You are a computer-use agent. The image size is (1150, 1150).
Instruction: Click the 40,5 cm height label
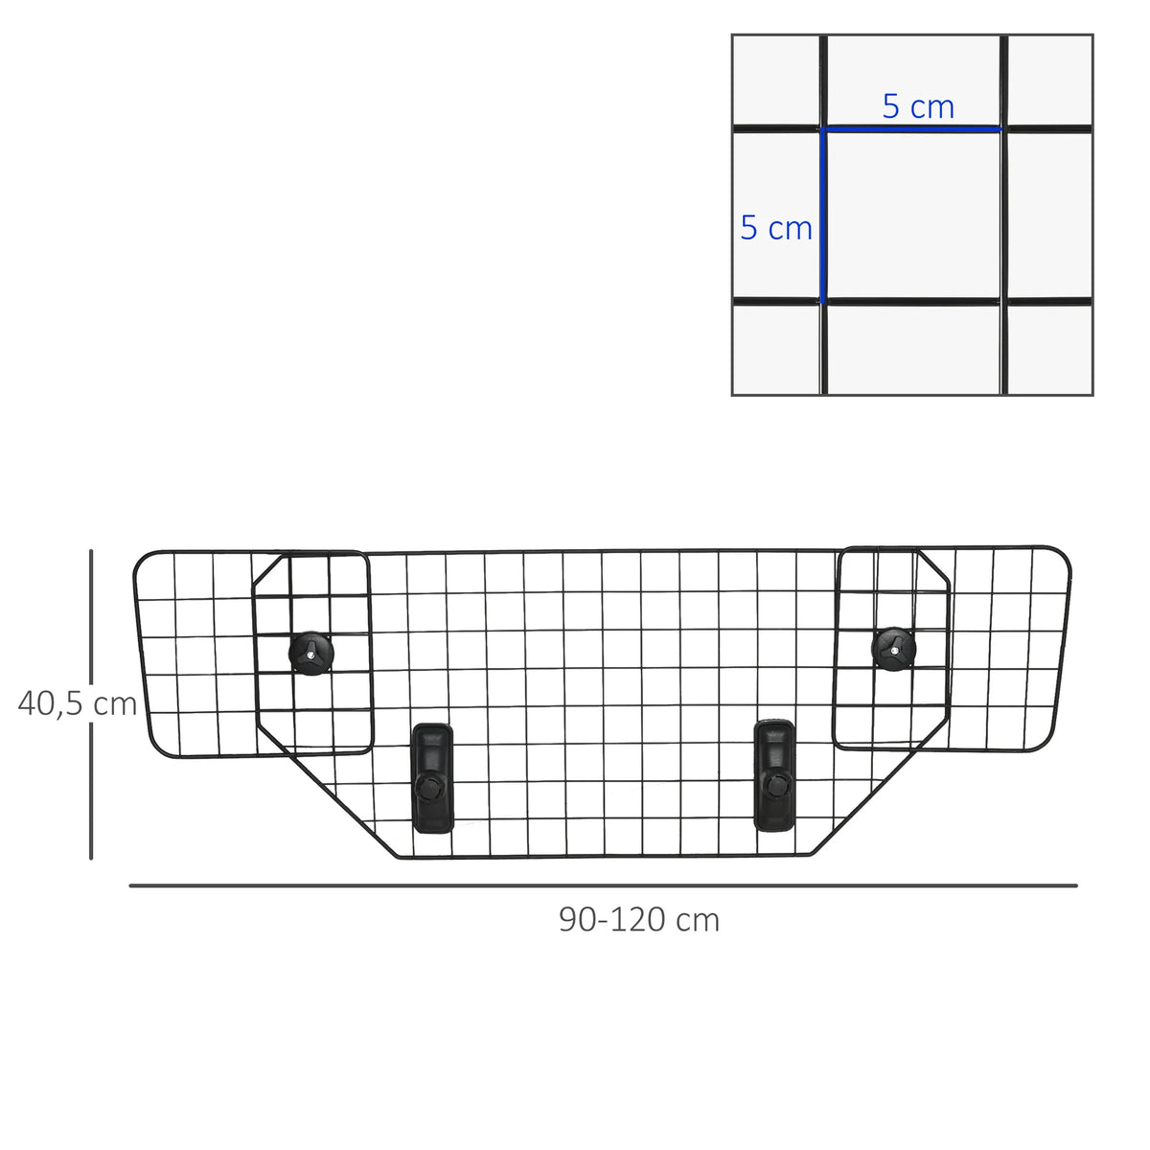tap(78, 703)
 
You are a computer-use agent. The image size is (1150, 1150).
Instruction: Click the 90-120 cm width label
tap(639, 920)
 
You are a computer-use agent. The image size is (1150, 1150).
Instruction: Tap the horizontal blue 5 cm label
tap(918, 106)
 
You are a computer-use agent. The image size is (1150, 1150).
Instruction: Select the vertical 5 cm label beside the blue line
tap(776, 228)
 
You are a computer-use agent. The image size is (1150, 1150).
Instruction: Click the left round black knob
tap(311, 653)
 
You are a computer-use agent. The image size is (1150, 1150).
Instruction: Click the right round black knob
tap(893, 649)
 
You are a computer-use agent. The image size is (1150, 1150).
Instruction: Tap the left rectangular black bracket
tap(432, 777)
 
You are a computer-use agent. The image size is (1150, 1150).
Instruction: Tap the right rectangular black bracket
tap(774, 775)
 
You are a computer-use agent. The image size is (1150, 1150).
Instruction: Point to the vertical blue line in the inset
tap(823, 216)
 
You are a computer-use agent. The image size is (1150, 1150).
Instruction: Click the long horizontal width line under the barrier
tap(604, 885)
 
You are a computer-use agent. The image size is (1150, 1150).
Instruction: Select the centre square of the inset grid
tap(913, 215)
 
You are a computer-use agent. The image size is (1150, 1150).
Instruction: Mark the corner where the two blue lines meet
tap(823, 128)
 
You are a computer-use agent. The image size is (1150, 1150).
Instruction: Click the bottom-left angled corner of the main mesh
tap(397, 856)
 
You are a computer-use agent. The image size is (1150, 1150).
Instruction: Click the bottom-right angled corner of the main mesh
tap(813, 853)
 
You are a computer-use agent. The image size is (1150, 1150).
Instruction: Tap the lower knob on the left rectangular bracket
tap(430, 789)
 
